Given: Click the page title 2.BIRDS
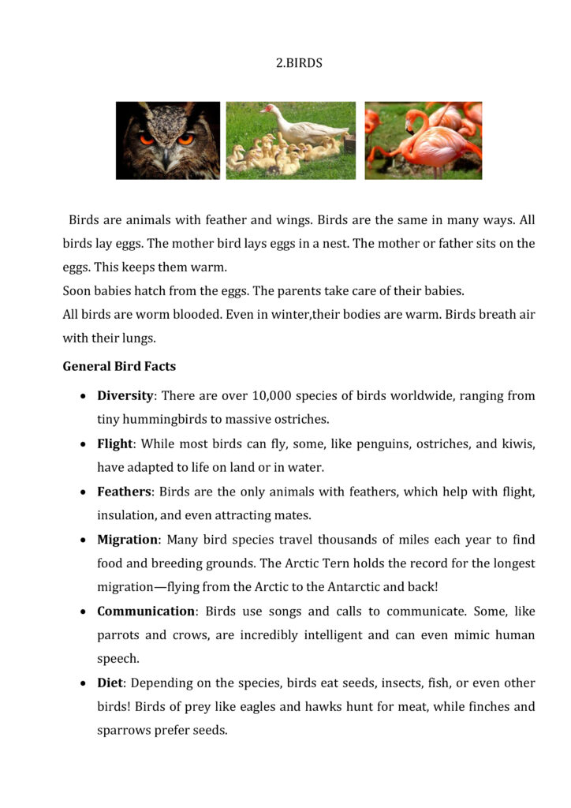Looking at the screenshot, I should pos(299,63).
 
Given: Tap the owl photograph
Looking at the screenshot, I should pos(168,140).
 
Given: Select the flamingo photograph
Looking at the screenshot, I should pos(423,140).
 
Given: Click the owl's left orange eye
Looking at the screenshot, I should pos(147,139).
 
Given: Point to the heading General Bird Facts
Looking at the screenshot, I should pos(119,366).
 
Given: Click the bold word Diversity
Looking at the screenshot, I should pos(125,395).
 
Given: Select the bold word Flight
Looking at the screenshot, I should pos(114,443).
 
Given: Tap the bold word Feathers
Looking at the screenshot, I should pos(124,492).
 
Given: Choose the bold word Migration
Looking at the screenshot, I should pos(128,540).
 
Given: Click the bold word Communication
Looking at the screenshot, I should pos(146,611).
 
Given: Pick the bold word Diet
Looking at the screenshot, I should pos(110,683).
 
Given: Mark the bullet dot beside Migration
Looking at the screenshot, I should pos(84,541).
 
